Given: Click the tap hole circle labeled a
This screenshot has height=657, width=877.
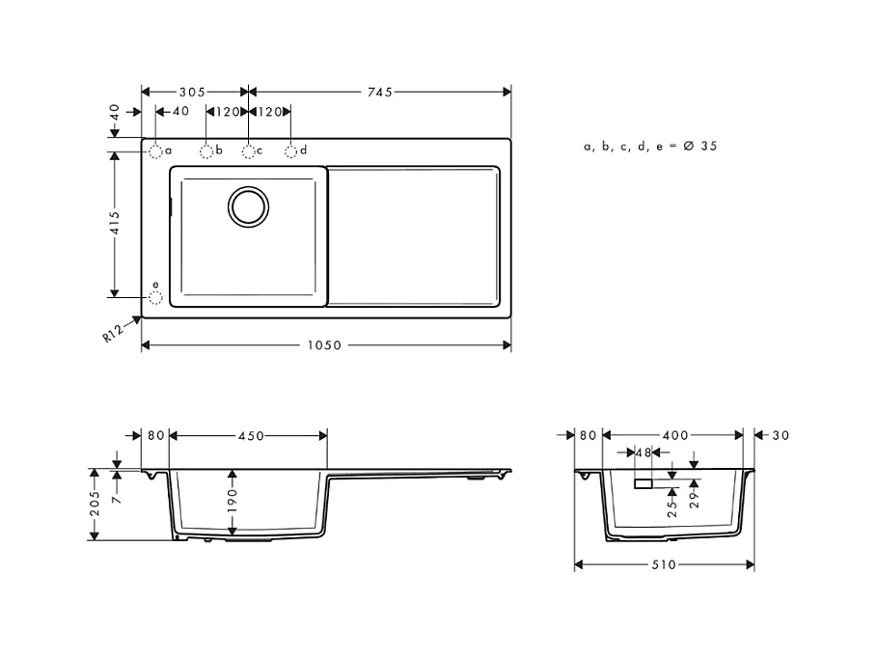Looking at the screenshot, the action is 155,151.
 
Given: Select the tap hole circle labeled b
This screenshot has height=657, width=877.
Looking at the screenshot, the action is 206,151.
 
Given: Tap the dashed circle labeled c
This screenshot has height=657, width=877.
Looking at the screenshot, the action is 249,151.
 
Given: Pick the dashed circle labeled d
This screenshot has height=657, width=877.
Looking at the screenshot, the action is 290,151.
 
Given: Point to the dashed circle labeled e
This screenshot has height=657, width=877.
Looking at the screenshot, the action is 155,298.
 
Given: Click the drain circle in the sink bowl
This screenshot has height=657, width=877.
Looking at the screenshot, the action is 248,206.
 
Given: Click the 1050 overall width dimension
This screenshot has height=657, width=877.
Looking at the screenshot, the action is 324,345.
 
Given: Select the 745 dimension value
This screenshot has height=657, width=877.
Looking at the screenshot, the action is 380,93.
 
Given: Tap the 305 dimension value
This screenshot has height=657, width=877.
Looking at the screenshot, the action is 192,93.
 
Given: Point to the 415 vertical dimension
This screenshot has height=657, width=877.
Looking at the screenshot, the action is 115,223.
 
